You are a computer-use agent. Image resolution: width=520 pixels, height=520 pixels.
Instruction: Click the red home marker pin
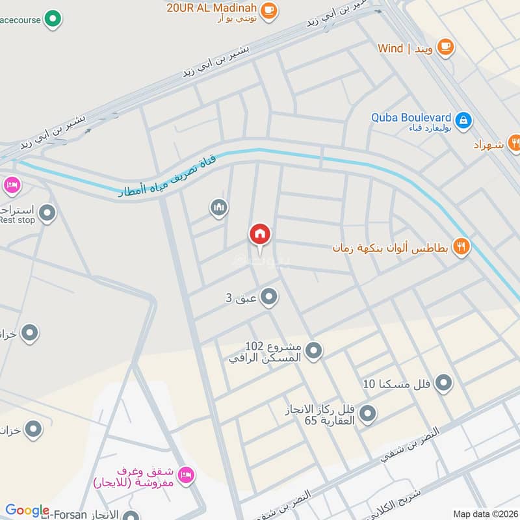(259, 235)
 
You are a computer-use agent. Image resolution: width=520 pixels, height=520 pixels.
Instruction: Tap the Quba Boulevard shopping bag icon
(463, 120)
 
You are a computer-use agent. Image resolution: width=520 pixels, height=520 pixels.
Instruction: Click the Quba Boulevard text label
(411, 118)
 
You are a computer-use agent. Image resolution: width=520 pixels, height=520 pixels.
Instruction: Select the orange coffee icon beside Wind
(445, 46)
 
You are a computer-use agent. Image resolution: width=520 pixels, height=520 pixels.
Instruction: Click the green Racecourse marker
(54, 19)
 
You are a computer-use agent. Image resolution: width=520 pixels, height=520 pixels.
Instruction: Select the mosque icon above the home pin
(219, 208)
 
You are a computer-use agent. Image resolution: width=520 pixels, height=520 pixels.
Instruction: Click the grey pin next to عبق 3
(269, 298)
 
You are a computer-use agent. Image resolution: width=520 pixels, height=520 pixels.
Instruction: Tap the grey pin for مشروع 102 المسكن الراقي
(314, 351)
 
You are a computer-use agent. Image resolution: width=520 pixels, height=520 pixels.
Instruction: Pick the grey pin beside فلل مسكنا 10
(444, 383)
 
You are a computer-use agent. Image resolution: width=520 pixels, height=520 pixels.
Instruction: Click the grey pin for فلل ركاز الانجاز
(368, 412)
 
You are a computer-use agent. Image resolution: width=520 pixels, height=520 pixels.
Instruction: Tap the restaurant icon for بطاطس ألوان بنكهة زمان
(461, 246)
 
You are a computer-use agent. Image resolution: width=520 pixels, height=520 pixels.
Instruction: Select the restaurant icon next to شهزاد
(515, 141)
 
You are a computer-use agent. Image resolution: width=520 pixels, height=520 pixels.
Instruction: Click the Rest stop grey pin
(47, 212)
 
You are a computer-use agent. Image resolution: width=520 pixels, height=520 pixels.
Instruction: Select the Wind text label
(390, 48)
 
